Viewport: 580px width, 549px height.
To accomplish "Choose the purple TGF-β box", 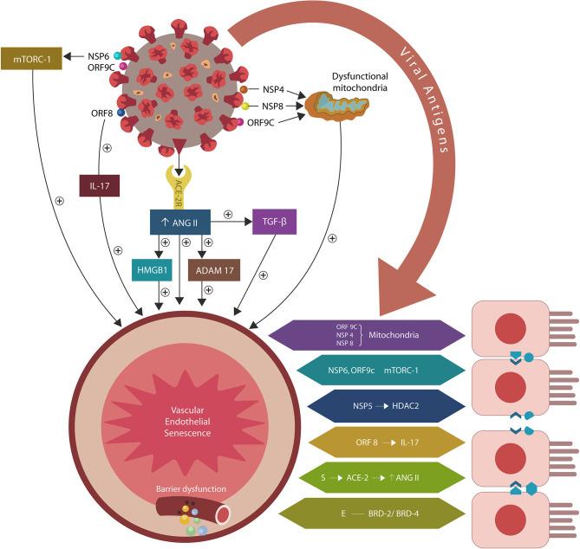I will pyautogui.click(x=275, y=223).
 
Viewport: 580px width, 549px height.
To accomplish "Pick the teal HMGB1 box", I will pyautogui.click(x=149, y=271).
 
